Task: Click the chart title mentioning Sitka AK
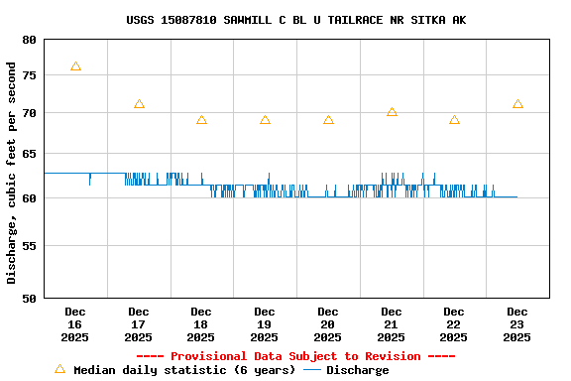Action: (295, 20)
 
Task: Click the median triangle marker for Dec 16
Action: (75, 66)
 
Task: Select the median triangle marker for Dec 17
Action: (139, 104)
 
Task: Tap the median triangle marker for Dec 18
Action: (201, 120)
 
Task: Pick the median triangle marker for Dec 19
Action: (265, 120)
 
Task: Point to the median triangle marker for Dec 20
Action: (328, 120)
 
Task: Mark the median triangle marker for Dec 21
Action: (392, 112)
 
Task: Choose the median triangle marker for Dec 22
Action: (454, 120)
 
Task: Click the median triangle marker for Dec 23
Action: (517, 104)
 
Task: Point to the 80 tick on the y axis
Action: (28, 40)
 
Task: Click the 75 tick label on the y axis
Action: (28, 75)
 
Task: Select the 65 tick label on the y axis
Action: (28, 154)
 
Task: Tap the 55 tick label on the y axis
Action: (28, 245)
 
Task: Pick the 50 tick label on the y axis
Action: (28, 298)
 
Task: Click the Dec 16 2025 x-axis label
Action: (75, 324)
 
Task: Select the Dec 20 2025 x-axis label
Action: (328, 324)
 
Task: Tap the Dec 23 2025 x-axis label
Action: (517, 324)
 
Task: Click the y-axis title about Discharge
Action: (12, 173)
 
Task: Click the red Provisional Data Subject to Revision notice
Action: (295, 356)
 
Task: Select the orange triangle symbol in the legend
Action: (59, 369)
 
